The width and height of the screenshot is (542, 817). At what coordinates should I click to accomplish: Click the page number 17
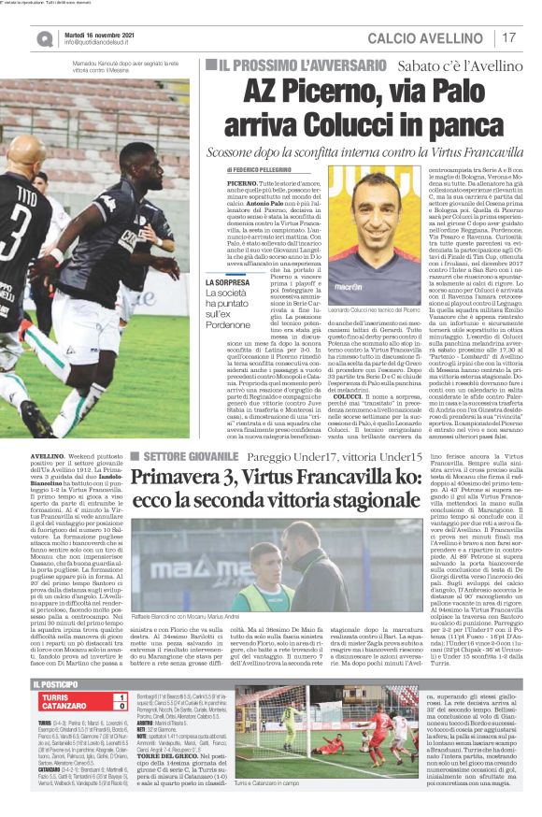tap(510, 37)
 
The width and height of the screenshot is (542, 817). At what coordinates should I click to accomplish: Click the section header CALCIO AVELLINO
tap(429, 37)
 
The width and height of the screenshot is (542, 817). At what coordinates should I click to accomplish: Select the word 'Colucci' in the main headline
tap(349, 123)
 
